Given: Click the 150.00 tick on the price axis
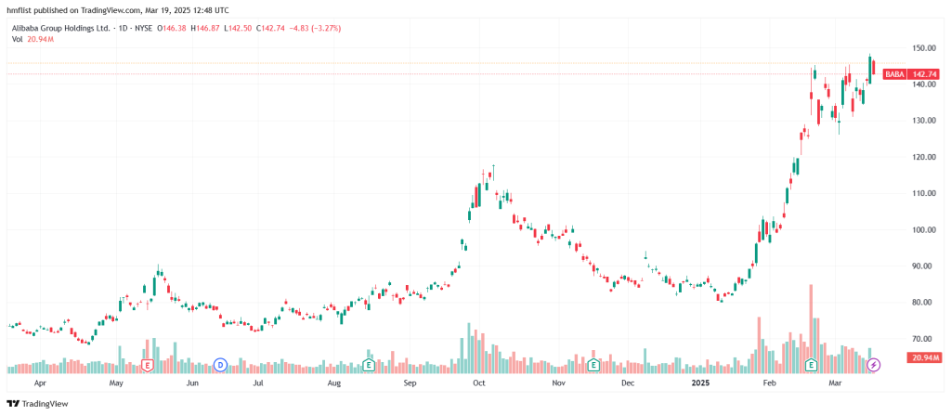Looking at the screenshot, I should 921,47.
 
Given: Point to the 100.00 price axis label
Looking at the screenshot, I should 921,230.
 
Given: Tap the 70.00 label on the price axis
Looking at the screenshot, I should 921,339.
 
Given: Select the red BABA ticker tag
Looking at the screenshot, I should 894,74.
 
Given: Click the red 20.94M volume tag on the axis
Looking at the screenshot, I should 925,357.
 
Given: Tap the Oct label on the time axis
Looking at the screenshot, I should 479,382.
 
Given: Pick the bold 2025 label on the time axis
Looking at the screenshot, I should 698,382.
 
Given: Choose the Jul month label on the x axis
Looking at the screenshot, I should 257,382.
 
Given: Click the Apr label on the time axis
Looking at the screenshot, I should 40,382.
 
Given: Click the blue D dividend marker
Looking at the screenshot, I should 220,365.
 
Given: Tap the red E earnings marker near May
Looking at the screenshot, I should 147,365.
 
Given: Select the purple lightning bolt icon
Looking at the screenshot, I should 873,365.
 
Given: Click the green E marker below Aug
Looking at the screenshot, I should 369,365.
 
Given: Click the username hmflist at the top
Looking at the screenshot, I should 20,7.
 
